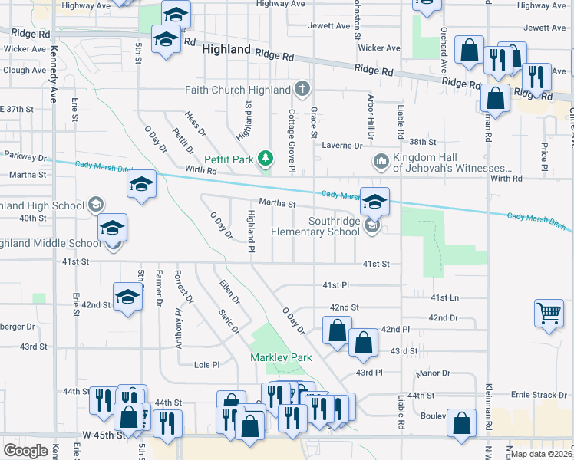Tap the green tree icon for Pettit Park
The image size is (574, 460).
point(266,159)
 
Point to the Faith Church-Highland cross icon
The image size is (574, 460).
point(303,88)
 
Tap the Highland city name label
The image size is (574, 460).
point(226,49)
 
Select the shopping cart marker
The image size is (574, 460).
point(549,313)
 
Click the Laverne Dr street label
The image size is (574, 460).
point(341,145)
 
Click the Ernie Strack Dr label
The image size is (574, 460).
point(539,395)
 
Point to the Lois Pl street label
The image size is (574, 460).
point(207,365)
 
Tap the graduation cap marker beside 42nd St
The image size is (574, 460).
point(127,296)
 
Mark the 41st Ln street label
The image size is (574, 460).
point(444,297)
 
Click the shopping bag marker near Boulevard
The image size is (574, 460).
point(462,422)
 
